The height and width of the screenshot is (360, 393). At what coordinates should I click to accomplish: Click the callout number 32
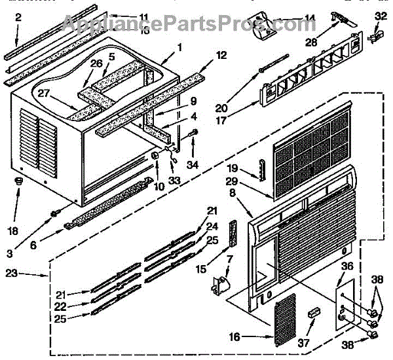(x=382, y=16)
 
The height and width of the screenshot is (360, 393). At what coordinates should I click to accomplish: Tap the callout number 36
(x=347, y=266)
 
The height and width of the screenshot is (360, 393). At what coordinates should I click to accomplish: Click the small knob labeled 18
(x=19, y=181)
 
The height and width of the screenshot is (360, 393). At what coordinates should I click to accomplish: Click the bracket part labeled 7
(x=219, y=283)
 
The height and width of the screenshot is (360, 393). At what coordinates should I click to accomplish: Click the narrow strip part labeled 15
(x=232, y=232)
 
